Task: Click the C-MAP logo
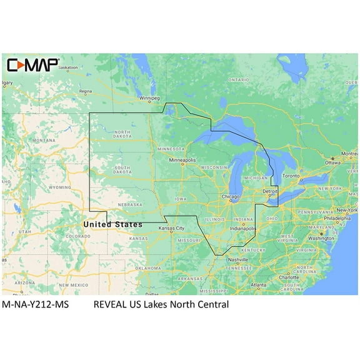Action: (x=32, y=64)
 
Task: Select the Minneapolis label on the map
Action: (x=182, y=160)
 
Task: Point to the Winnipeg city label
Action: (x=149, y=98)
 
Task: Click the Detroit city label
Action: (x=270, y=191)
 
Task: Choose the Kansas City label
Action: (x=171, y=228)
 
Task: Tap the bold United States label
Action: (x=113, y=224)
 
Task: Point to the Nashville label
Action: (x=237, y=259)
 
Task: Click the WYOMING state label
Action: (x=59, y=187)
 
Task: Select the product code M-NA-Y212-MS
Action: (x=36, y=304)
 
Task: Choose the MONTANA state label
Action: (x=44, y=141)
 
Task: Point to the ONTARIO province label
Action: (x=239, y=80)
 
